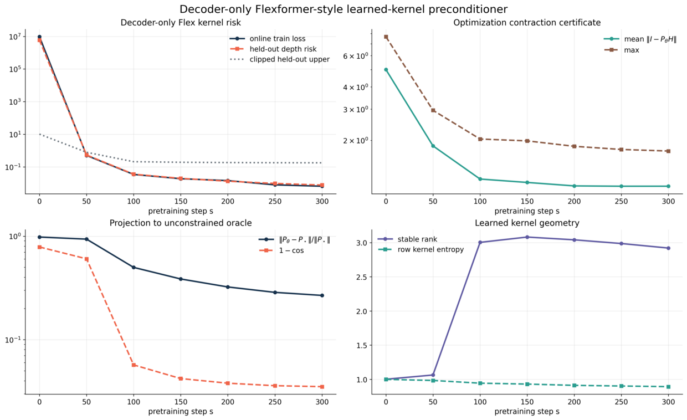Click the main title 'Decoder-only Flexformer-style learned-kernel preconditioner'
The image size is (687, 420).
tap(343, 9)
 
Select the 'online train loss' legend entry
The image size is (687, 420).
tap(268, 39)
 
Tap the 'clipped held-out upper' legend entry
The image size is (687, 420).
tap(279, 59)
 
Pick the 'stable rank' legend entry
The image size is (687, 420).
tap(407, 239)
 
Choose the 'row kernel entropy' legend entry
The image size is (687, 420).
tap(421, 249)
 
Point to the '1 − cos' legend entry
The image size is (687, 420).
tap(281, 250)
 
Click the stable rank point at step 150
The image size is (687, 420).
tap(527, 237)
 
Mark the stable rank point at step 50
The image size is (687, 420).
tap(433, 375)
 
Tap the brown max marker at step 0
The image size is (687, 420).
tap(386, 37)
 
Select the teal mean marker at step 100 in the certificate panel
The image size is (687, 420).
tap(480, 179)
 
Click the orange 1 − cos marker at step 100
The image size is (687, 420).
tap(134, 365)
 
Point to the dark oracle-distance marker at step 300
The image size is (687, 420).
tap(322, 295)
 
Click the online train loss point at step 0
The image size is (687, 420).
tap(39, 37)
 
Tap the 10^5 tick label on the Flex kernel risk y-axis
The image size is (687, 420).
tap(16, 69)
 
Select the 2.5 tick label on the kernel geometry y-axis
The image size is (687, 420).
tap(362, 277)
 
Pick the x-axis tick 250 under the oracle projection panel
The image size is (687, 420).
tap(275, 402)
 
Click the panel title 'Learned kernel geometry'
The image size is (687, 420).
tap(527, 223)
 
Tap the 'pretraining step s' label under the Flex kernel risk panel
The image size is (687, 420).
tap(181, 211)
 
